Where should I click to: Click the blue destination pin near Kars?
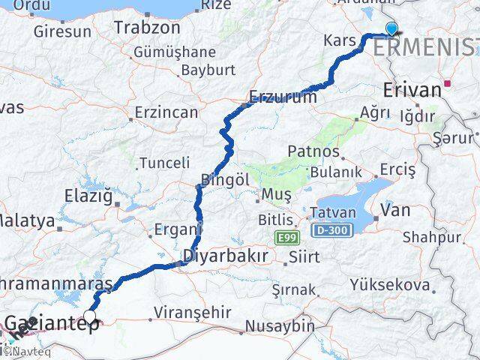pyautogui.click(x=391, y=29)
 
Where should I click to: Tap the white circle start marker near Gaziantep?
pyautogui.click(x=91, y=316)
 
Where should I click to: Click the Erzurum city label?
pyautogui.click(x=279, y=97)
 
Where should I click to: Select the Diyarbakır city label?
pyautogui.click(x=225, y=256)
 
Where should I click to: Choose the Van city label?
pyautogui.click(x=395, y=210)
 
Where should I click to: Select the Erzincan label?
pyautogui.click(x=166, y=112)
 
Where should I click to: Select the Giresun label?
pyautogui.click(x=62, y=31)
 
